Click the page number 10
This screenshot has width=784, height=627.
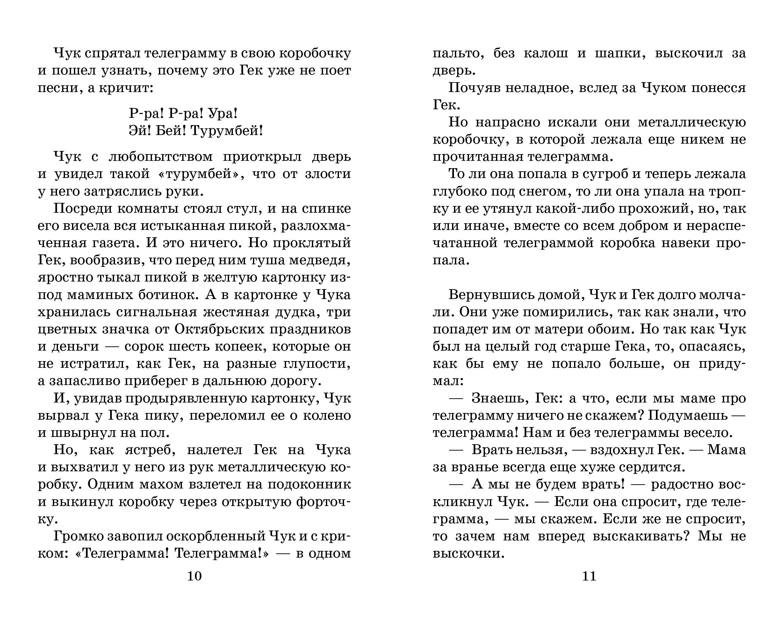point(194,576)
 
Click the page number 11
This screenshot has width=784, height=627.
point(589,576)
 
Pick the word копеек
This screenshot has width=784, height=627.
point(240,346)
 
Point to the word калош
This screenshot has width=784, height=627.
point(546,53)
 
